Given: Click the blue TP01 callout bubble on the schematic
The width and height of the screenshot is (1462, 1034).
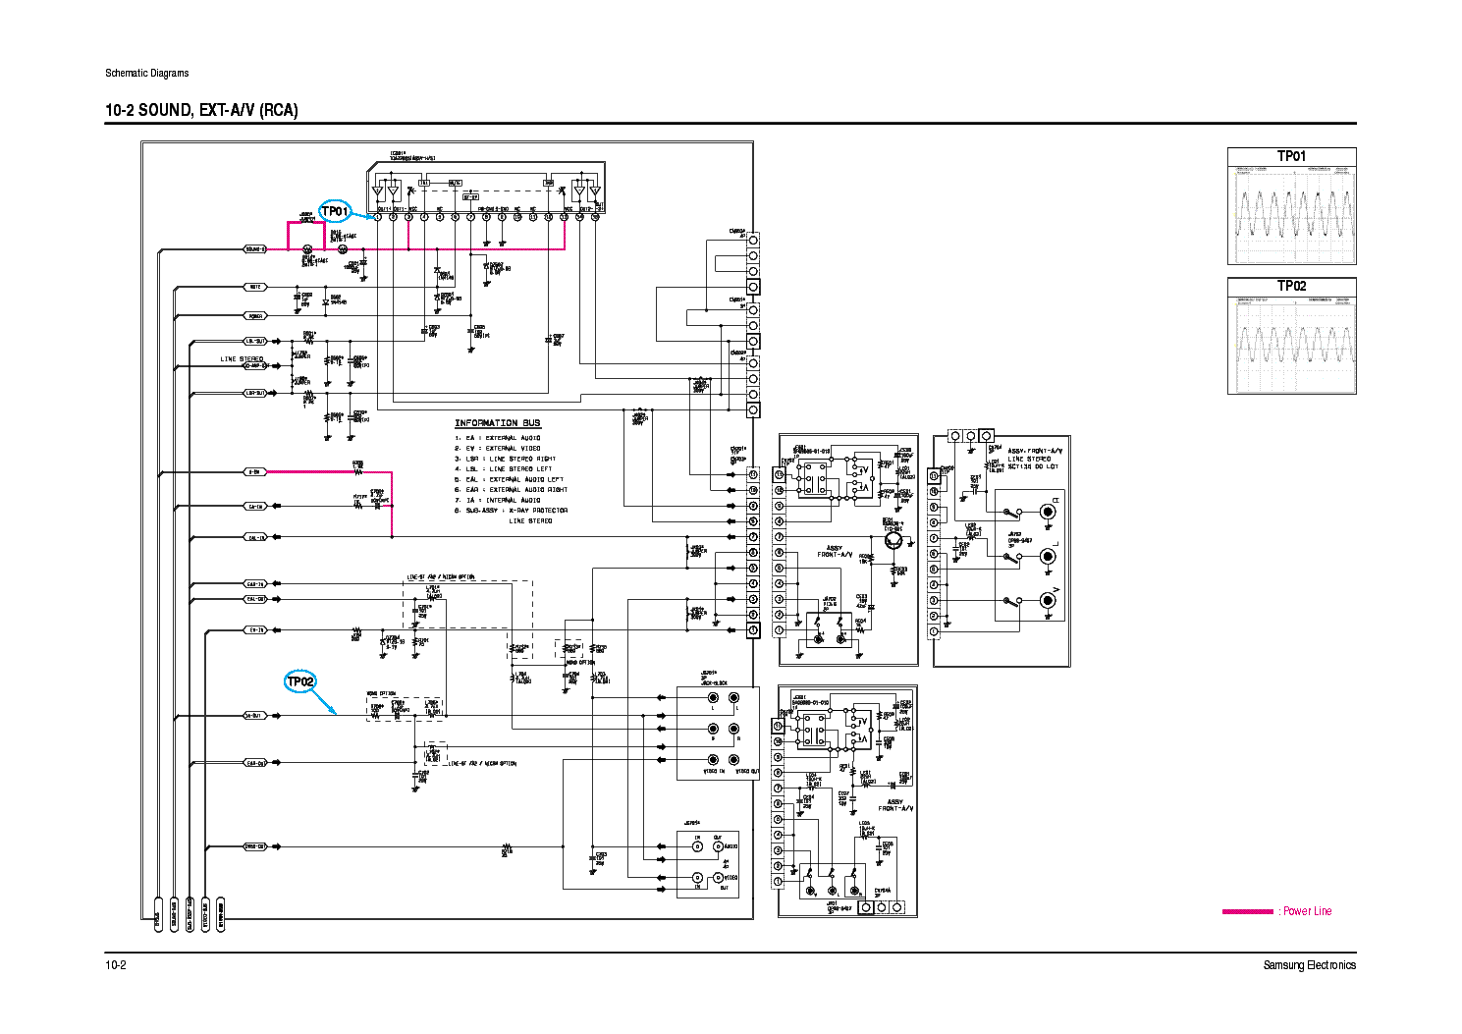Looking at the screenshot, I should (x=334, y=211).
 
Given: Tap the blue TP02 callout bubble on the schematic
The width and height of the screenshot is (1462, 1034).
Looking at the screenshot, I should (x=300, y=681).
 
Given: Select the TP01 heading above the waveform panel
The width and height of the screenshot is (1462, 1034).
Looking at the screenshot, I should (x=1291, y=156).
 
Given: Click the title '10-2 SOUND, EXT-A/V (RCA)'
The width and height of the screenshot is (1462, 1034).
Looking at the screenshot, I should (x=201, y=110).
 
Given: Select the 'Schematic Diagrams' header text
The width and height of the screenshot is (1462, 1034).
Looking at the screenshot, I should (x=146, y=73).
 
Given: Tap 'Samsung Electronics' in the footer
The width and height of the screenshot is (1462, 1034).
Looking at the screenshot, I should (x=1309, y=965).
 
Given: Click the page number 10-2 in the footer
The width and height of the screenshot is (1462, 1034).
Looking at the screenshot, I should (x=116, y=965).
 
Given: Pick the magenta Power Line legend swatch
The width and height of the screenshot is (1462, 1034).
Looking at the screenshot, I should (x=1247, y=911).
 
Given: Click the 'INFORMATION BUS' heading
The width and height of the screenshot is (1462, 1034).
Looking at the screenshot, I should (x=497, y=423).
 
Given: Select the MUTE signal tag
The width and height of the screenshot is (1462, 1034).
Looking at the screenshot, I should (x=255, y=287).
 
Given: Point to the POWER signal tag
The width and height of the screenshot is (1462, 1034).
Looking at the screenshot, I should (x=255, y=316).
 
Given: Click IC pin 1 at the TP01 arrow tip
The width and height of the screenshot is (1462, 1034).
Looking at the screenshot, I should (x=378, y=217).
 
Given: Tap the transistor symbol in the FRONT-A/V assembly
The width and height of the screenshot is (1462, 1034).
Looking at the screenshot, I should (x=893, y=539).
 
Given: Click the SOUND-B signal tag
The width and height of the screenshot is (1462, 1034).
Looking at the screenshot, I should (x=255, y=249).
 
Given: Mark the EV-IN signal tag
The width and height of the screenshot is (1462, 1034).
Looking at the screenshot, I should (x=255, y=629).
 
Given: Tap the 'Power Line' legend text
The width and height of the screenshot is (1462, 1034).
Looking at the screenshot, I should (x=1308, y=911).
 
